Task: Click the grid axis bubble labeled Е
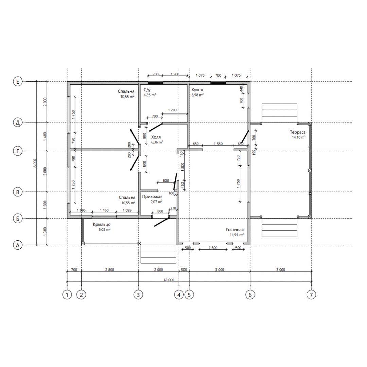click(x=18, y=82)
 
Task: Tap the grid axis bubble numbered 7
click(x=311, y=295)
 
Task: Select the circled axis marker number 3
click(x=138, y=295)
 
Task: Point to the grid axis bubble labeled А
click(x=18, y=245)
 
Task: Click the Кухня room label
click(x=197, y=90)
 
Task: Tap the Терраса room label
click(x=297, y=132)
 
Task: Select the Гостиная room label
click(x=235, y=230)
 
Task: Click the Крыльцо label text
click(x=102, y=225)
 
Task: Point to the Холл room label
click(x=156, y=137)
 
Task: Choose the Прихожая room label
click(x=152, y=197)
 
